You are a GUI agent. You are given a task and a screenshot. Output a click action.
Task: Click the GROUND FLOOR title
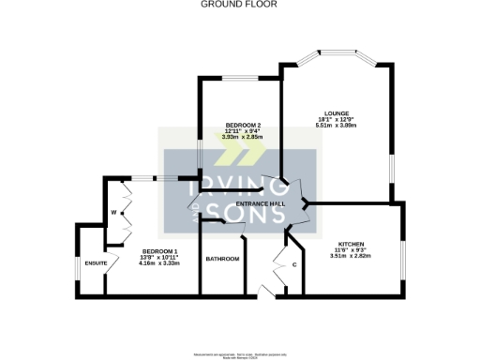(x=239, y=5)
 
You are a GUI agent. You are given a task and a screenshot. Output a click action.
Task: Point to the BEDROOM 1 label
(x=159, y=251)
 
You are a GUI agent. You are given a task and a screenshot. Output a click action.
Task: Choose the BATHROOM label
(x=222, y=259)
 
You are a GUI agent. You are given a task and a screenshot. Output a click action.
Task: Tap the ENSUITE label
(x=96, y=263)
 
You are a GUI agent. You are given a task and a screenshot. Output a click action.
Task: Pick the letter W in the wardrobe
(x=113, y=213)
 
